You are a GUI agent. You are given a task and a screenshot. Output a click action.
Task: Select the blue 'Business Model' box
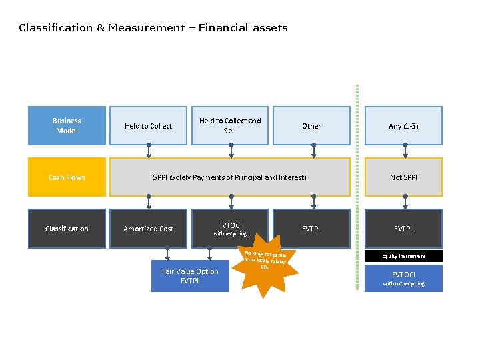click(x=67, y=125)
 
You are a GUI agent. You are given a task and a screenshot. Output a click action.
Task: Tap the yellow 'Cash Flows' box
click(x=67, y=177)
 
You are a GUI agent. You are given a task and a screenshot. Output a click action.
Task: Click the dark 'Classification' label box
click(x=67, y=229)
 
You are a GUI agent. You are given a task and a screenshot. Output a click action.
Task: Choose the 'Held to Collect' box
click(x=148, y=126)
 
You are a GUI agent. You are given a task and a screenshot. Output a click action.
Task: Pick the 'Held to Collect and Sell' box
click(x=230, y=125)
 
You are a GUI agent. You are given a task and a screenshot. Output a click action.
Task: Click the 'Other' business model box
click(x=311, y=126)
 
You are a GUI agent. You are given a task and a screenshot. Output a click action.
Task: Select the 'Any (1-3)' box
click(x=403, y=126)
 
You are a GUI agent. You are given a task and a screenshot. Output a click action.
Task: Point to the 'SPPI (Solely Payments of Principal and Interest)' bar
click(x=230, y=177)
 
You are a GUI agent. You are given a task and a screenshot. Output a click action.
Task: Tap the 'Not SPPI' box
click(x=403, y=177)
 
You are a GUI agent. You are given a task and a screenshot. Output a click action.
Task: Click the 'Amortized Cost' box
click(x=148, y=229)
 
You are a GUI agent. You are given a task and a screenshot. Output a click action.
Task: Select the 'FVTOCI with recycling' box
click(x=230, y=229)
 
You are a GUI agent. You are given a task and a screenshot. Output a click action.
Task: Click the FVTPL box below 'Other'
click(x=311, y=229)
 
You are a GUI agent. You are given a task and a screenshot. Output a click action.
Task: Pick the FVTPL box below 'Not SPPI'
click(x=403, y=229)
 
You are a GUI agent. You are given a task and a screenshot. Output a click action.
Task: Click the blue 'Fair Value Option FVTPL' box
click(x=190, y=276)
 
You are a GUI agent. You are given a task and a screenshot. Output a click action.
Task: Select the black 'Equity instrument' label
click(x=403, y=256)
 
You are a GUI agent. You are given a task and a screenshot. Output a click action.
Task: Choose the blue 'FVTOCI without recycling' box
click(x=403, y=278)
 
